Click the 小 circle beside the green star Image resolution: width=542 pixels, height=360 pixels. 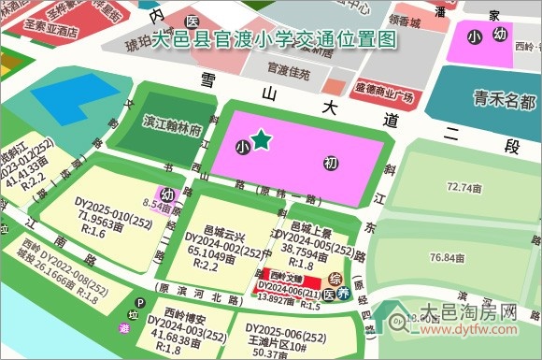243,147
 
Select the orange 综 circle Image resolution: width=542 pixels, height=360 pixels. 335,278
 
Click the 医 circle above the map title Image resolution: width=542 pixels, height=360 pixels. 192,22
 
